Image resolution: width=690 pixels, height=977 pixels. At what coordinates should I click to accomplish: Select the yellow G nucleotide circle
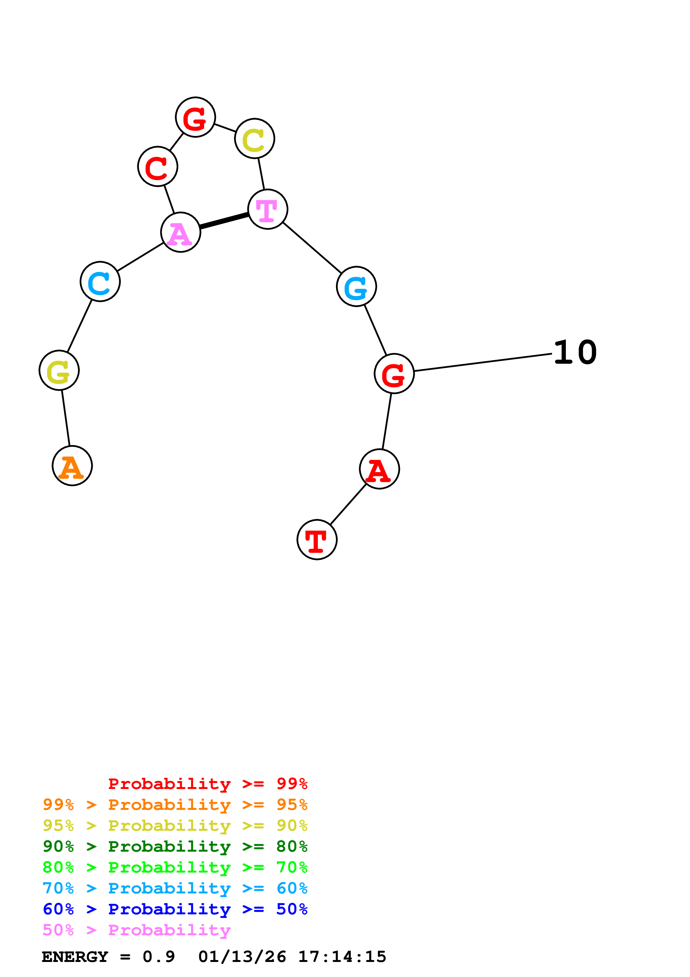[x=59, y=370]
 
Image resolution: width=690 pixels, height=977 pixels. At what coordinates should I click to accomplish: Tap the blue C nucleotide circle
[x=100, y=281]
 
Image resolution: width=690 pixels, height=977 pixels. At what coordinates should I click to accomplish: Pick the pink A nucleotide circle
[x=181, y=232]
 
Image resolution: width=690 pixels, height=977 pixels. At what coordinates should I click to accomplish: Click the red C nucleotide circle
[x=158, y=166]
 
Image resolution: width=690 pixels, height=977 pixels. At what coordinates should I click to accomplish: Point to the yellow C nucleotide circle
[x=255, y=138]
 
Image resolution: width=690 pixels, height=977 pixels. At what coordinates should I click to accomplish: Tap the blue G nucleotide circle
[x=356, y=286]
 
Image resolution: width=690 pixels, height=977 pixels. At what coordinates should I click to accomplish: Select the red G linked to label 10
[x=394, y=373]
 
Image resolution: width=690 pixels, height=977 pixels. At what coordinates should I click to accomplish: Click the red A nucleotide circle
[x=379, y=469]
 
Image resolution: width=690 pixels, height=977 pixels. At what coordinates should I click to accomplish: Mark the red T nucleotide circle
[x=317, y=539]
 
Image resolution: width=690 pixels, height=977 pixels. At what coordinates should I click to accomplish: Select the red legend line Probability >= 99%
[x=208, y=784]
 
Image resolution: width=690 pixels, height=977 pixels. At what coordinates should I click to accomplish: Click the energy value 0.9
[x=159, y=957]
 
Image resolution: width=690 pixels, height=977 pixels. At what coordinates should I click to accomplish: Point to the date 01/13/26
[x=242, y=957]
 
